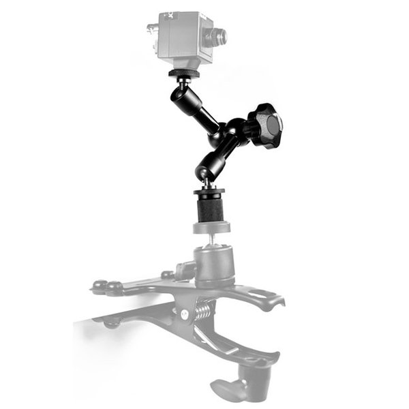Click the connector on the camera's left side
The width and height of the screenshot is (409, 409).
[x=152, y=29]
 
